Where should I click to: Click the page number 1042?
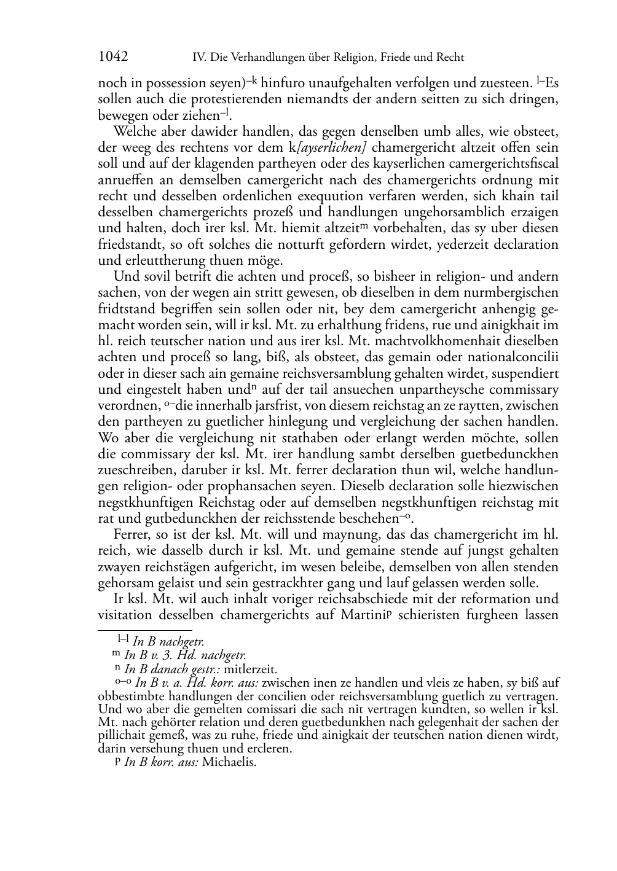click(x=113, y=57)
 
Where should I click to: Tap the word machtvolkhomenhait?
click(x=447, y=340)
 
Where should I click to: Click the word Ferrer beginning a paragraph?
click(x=132, y=534)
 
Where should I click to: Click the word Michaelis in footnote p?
click(x=229, y=763)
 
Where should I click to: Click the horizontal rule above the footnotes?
click(x=145, y=629)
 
